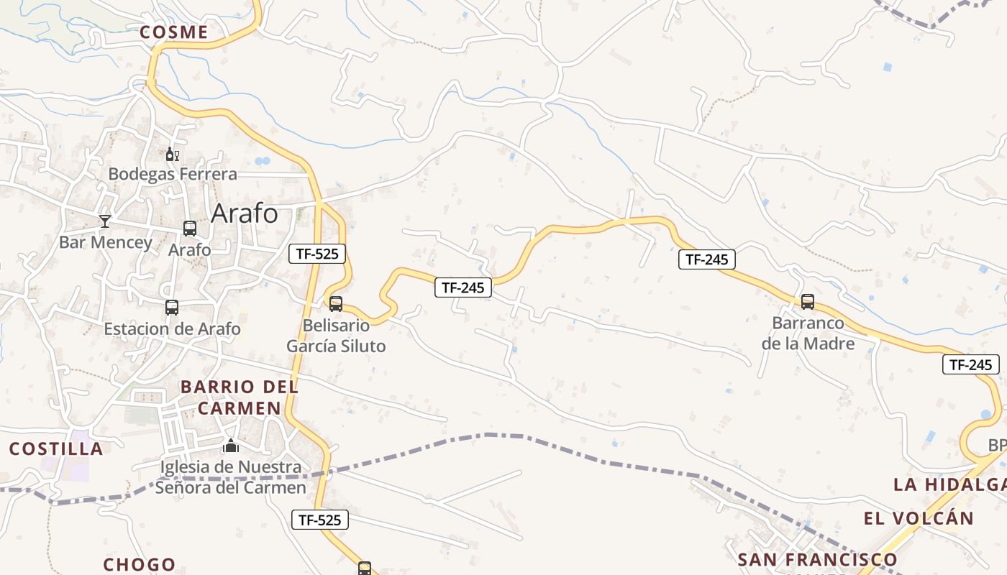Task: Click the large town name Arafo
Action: [x=245, y=213]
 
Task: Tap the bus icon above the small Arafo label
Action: [x=190, y=229]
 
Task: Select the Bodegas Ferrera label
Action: [x=173, y=174]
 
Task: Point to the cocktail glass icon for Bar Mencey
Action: [x=105, y=221]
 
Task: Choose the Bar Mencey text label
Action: [x=106, y=242]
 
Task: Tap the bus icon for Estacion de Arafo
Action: [x=172, y=308]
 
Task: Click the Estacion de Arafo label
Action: [x=172, y=329]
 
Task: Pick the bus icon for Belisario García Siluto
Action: [x=336, y=303]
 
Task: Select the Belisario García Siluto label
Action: [x=336, y=336]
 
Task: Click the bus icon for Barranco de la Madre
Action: [x=808, y=302]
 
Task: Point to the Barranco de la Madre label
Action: [x=808, y=333]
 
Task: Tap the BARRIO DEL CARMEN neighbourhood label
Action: [x=240, y=397]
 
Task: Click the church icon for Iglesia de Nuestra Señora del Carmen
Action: [x=231, y=446]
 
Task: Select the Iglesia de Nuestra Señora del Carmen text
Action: [x=231, y=477]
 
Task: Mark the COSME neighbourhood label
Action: [x=174, y=32]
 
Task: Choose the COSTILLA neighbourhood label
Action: [x=56, y=449]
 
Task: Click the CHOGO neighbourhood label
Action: [x=140, y=564]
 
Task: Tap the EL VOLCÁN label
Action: [x=919, y=518]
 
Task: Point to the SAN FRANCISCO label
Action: [x=818, y=559]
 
